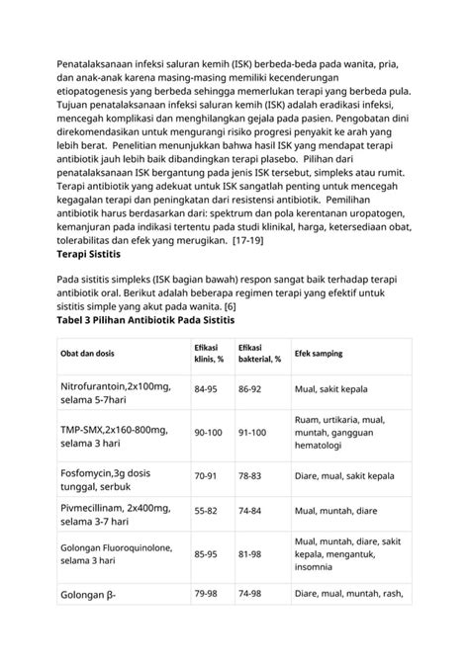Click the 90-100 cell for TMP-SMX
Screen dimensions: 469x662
(x=208, y=433)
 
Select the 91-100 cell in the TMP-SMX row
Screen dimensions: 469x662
(x=252, y=433)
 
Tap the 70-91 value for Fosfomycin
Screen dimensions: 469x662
(x=205, y=476)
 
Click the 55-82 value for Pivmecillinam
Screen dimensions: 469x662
(x=205, y=511)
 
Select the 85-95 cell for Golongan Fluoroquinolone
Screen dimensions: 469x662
(x=205, y=553)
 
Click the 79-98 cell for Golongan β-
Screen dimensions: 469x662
(x=205, y=593)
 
